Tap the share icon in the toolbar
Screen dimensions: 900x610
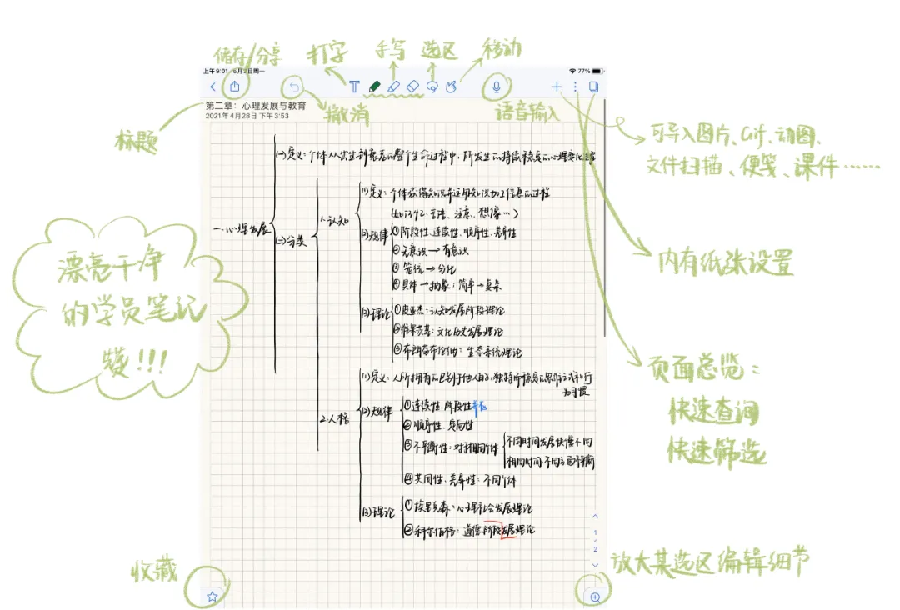[x=235, y=87]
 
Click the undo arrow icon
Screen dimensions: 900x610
[x=293, y=87]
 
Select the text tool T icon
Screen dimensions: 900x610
[x=355, y=87]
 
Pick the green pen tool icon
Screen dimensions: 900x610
[x=374, y=87]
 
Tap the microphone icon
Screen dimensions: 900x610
[x=497, y=87]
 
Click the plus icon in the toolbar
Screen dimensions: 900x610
[x=557, y=87]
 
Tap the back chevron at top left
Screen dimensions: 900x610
[x=213, y=87]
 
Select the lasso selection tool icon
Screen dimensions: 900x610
[x=432, y=87]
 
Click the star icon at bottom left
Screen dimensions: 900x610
[x=212, y=596]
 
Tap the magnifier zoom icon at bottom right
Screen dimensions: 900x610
[x=595, y=597]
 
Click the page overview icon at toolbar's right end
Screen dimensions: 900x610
[x=594, y=87]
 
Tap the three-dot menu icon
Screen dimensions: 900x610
[x=575, y=87]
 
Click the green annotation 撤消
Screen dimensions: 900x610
[x=347, y=115]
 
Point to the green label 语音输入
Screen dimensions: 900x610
[x=527, y=113]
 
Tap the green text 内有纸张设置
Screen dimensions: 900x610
[x=725, y=263]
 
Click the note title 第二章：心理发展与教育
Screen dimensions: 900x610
[x=256, y=107]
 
